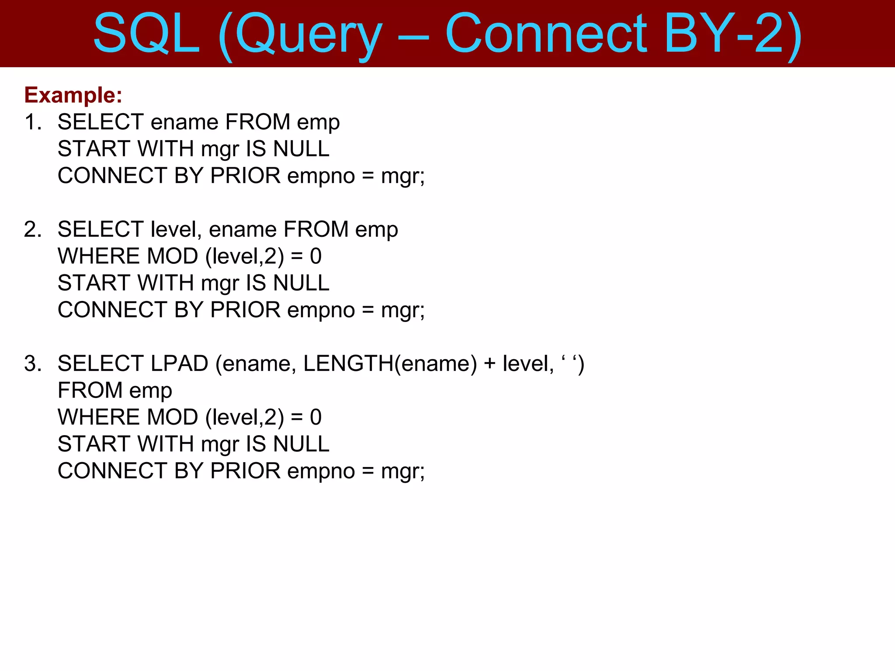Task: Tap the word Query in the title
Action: [x=308, y=35]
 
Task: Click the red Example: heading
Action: [x=73, y=95]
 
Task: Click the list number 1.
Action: [x=33, y=122]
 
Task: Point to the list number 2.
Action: [x=33, y=229]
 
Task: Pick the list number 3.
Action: [x=33, y=363]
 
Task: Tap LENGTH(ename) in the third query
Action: [x=390, y=363]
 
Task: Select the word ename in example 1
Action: [x=184, y=122]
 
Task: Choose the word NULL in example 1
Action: [x=301, y=149]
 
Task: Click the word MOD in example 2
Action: [x=172, y=256]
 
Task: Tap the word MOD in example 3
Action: [x=172, y=417]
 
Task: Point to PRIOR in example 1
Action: [x=245, y=176]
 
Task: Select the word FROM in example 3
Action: [x=90, y=391]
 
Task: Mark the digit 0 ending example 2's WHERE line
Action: [x=316, y=256]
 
